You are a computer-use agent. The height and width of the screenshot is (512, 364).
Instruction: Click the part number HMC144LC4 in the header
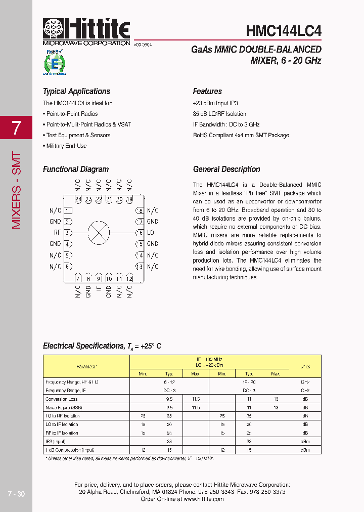pyautogui.click(x=284, y=30)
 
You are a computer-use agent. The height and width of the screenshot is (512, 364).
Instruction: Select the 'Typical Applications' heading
pyautogui.click(x=76, y=92)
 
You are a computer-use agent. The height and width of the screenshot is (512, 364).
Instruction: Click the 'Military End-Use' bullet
pyautogui.click(x=66, y=146)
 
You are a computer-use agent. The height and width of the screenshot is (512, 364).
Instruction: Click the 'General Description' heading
pyautogui.click(x=226, y=169)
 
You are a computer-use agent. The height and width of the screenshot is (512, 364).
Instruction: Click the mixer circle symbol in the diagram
pyautogui.click(x=99, y=233)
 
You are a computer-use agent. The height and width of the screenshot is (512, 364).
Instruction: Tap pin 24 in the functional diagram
pyautogui.click(x=78, y=199)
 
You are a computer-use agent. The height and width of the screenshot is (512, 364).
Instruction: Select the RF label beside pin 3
pyautogui.click(x=57, y=233)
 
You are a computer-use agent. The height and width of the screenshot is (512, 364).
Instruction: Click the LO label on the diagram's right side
pyautogui.click(x=151, y=233)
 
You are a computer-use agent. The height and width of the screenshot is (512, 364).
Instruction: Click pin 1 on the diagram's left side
pyautogui.click(x=67, y=210)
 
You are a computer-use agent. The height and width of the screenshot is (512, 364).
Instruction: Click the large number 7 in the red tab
pyautogui.click(x=16, y=127)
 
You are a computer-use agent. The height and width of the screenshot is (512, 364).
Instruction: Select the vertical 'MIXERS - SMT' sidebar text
pyautogui.click(x=16, y=190)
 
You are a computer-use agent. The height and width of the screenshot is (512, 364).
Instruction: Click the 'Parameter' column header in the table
pyautogui.click(x=86, y=366)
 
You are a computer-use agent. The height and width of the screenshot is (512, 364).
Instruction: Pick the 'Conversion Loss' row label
pyautogui.click(x=62, y=399)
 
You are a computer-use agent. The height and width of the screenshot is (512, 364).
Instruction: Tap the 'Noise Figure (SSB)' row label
pyautogui.click(x=64, y=407)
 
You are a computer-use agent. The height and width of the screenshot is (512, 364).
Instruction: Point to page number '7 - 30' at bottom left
pyautogui.click(x=16, y=494)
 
